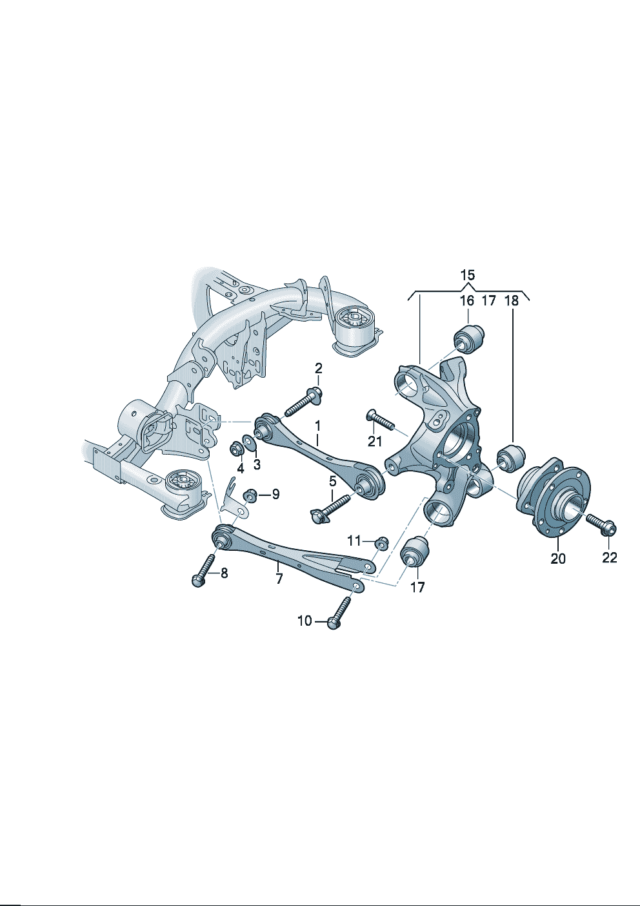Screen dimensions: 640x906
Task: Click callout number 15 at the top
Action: coord(468,276)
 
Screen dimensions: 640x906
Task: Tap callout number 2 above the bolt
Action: coord(318,368)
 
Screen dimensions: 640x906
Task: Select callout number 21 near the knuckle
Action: coord(375,441)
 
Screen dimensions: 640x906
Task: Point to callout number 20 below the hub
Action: coord(558,559)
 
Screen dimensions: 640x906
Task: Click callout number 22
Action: coord(610,558)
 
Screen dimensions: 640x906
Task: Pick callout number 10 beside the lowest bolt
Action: coord(305,621)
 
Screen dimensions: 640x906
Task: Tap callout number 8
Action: coord(223,573)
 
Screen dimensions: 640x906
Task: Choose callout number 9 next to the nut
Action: coord(275,494)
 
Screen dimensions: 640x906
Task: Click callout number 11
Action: coord(354,540)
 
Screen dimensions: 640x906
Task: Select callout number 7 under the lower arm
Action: coord(279,579)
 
